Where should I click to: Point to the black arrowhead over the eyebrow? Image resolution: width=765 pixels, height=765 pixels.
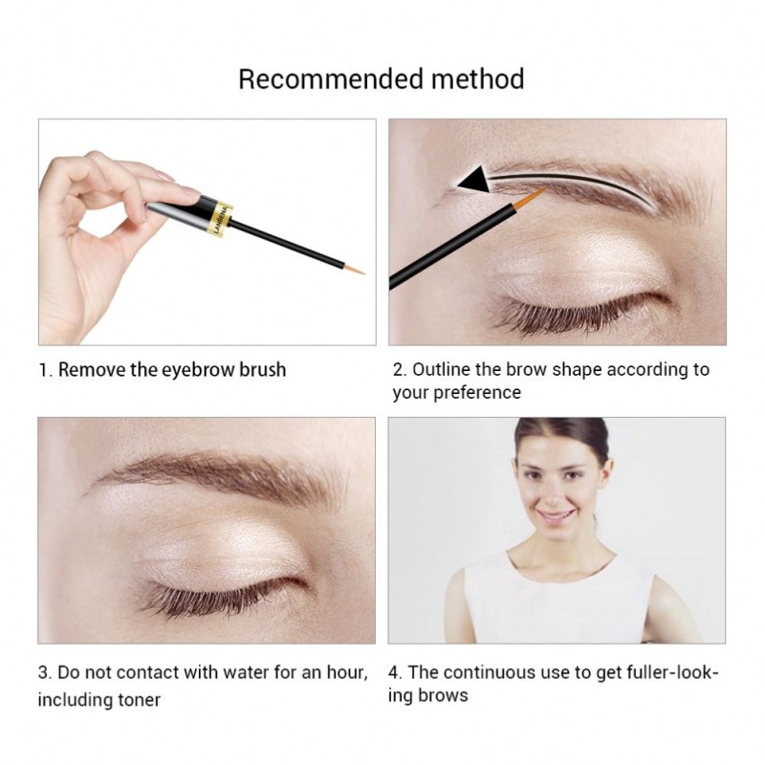click(471, 177)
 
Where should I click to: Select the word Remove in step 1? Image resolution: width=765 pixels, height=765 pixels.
click(92, 369)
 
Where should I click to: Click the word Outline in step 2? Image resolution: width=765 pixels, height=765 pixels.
click(442, 369)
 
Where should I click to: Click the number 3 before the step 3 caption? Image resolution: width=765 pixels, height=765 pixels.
click(43, 672)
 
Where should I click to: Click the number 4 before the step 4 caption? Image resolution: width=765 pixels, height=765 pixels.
click(394, 672)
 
